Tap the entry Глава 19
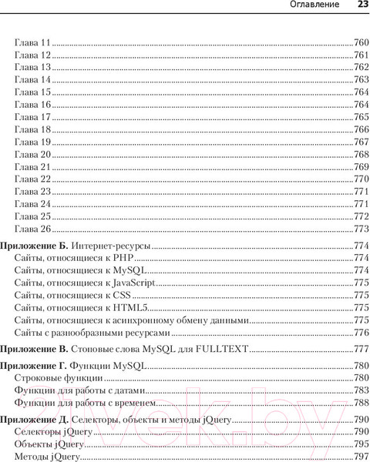pos(32,142)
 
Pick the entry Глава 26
pos(32,229)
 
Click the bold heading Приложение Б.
pos(35,246)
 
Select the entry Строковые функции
pos(58,378)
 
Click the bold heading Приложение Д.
pos(35,420)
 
